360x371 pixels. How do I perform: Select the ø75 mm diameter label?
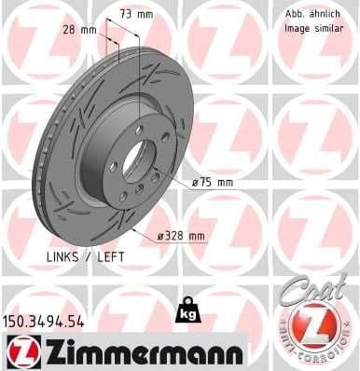212,183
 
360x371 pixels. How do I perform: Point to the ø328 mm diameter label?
181,236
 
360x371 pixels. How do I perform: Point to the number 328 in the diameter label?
175,236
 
